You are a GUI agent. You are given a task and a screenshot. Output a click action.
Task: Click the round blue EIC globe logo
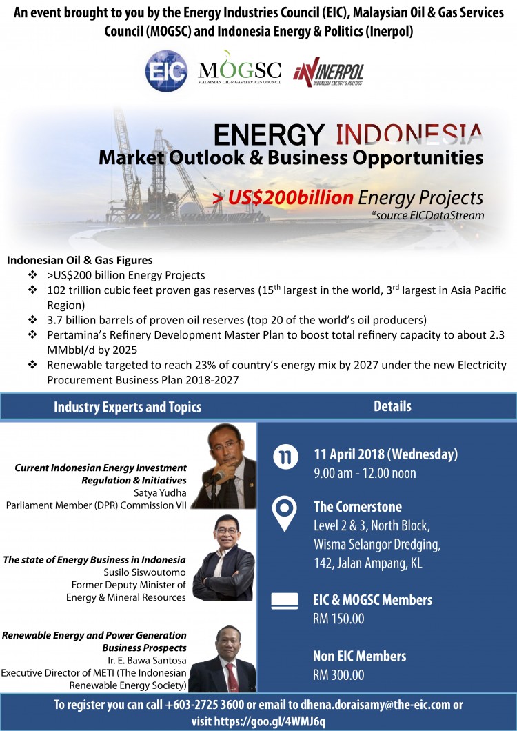point(166,71)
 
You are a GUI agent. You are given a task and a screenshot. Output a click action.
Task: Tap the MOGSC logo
point(240,68)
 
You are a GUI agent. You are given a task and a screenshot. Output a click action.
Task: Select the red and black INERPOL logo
point(328,72)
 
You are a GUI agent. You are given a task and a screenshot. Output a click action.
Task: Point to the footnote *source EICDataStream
point(427,215)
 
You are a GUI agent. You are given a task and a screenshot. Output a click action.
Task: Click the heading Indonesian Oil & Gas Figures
point(80,260)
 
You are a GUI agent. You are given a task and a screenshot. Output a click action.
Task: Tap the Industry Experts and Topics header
point(128,407)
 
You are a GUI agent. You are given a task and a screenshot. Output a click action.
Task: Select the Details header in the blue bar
point(392,406)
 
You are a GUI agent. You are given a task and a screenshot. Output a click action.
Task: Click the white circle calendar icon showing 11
point(285,457)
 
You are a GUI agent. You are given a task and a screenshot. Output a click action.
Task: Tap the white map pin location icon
point(285,513)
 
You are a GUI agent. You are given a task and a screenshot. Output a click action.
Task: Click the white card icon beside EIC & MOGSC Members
point(285,601)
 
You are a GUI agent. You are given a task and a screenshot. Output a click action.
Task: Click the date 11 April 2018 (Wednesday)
point(385,454)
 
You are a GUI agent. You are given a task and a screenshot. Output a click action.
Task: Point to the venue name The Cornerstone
point(358,507)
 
